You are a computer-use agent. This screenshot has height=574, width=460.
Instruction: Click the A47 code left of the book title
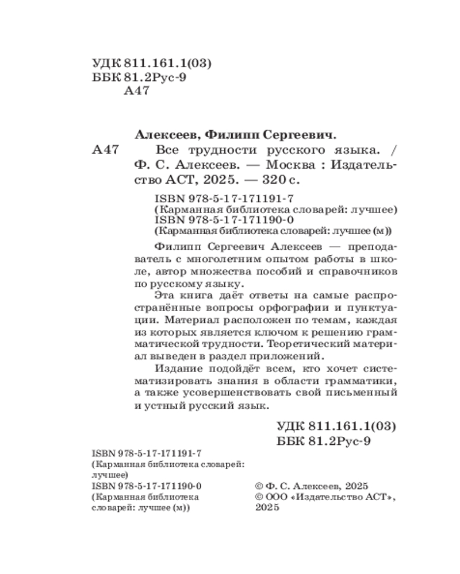tap(106, 150)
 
